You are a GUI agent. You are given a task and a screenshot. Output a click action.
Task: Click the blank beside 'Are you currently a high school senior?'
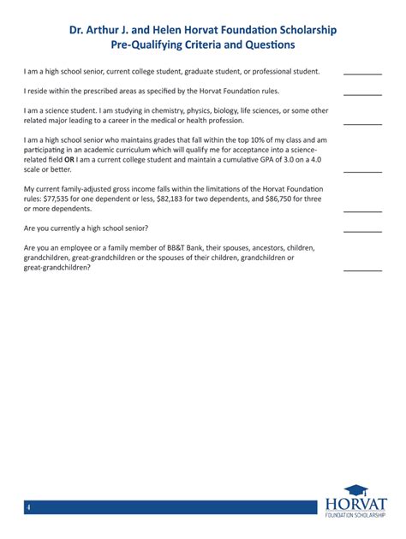click(362, 230)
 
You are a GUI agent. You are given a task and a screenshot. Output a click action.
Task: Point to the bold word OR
click(70, 158)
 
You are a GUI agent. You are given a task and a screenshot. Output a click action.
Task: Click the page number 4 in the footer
click(27, 508)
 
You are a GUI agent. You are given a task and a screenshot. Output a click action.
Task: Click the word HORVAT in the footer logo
click(356, 505)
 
